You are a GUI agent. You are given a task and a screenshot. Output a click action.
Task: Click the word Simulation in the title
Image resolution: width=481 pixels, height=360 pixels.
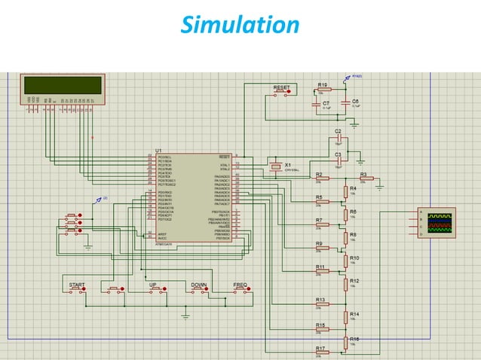[240, 26]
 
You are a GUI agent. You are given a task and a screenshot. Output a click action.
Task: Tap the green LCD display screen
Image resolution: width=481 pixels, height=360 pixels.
[63, 85]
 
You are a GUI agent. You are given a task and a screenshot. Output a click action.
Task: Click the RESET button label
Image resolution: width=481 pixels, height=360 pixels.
[281, 88]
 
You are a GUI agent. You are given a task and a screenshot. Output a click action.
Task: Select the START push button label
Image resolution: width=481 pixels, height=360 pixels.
[76, 285]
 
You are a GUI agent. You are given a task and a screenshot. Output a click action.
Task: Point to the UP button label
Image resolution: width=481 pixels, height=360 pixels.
[153, 285]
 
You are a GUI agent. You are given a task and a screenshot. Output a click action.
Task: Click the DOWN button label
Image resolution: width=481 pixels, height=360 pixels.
[199, 285]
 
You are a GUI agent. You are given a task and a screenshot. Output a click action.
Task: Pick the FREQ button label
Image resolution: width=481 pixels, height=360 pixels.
[240, 285]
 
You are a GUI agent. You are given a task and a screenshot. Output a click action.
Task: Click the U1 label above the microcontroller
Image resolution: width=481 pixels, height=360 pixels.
[158, 150]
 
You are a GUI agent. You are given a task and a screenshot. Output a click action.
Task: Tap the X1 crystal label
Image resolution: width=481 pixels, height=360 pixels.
[288, 163]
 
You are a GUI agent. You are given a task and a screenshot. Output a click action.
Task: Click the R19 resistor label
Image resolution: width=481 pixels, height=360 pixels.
[322, 85]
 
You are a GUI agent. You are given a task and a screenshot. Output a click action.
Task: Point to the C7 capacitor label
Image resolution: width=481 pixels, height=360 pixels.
[326, 102]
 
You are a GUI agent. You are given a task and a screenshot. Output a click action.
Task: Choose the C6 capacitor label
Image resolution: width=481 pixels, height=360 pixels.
[355, 101]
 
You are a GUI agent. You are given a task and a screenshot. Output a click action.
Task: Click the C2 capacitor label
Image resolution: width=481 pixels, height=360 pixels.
[338, 131]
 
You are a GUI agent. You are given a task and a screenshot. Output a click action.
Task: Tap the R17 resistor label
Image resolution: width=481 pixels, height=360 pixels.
[320, 349]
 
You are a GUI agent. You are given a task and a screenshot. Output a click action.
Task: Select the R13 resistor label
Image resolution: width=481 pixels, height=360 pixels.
[320, 300]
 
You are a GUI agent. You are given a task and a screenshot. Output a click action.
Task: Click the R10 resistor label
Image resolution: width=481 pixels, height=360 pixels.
[354, 258]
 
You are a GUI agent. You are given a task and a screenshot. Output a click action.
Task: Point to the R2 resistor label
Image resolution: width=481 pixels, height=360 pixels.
[319, 174]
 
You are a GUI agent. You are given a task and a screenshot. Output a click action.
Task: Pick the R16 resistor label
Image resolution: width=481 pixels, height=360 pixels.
[354, 340]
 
